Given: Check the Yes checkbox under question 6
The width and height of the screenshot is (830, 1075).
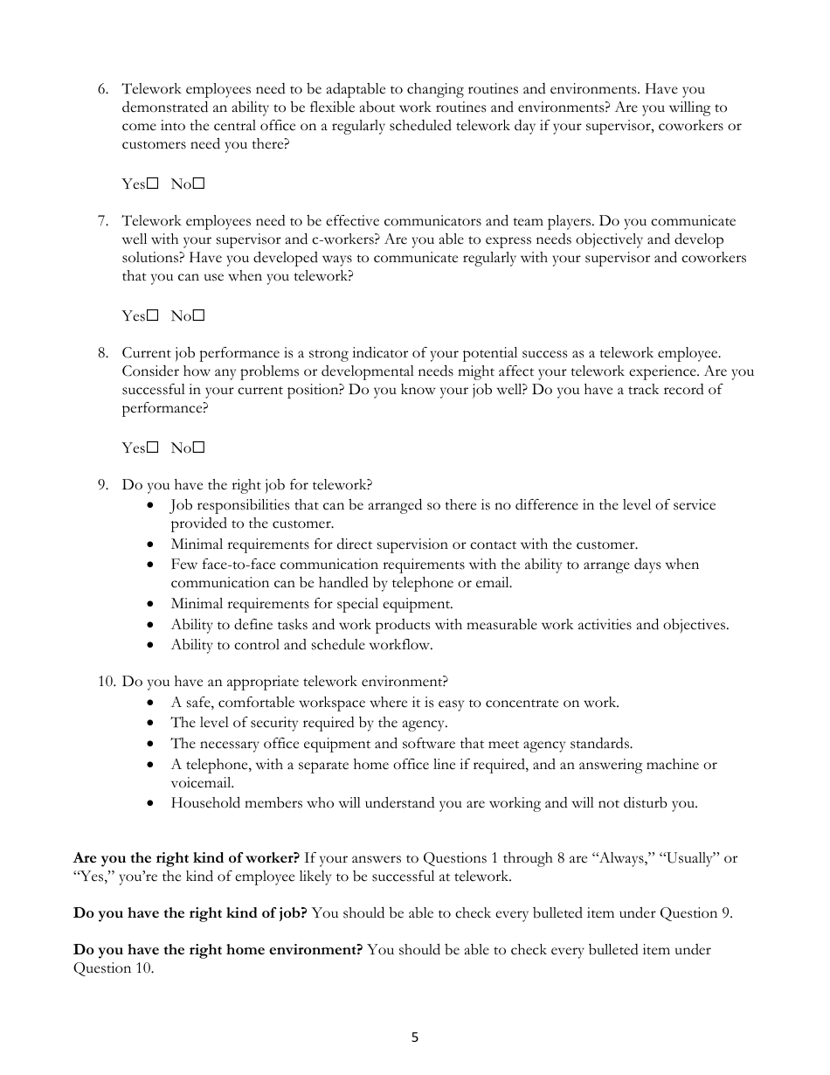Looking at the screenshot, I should [x=153, y=184].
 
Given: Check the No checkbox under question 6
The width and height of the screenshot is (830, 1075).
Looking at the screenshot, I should [x=199, y=184].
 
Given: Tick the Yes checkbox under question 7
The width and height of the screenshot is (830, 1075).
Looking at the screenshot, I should [x=153, y=316].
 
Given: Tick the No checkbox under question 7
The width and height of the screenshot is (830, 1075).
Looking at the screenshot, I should [x=199, y=316].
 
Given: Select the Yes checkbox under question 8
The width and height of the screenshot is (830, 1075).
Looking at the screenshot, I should [x=153, y=447].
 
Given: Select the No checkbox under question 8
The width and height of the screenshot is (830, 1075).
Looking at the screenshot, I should [x=199, y=447].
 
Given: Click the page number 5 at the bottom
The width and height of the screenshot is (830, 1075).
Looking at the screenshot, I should [x=415, y=1037].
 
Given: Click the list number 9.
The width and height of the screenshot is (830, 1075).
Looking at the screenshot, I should [x=102, y=485].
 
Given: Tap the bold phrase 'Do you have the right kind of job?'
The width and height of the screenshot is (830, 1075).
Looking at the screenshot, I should [x=190, y=913].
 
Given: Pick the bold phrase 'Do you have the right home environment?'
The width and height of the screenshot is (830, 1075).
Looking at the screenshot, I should [x=218, y=950].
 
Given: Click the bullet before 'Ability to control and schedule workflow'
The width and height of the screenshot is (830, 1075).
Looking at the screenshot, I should [x=154, y=646].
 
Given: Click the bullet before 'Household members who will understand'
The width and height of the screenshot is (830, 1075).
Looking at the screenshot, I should [x=154, y=804].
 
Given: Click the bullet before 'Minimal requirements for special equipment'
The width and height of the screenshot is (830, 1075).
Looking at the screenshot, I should [x=154, y=604].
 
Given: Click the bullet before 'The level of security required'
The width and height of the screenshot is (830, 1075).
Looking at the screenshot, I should [x=154, y=724].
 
